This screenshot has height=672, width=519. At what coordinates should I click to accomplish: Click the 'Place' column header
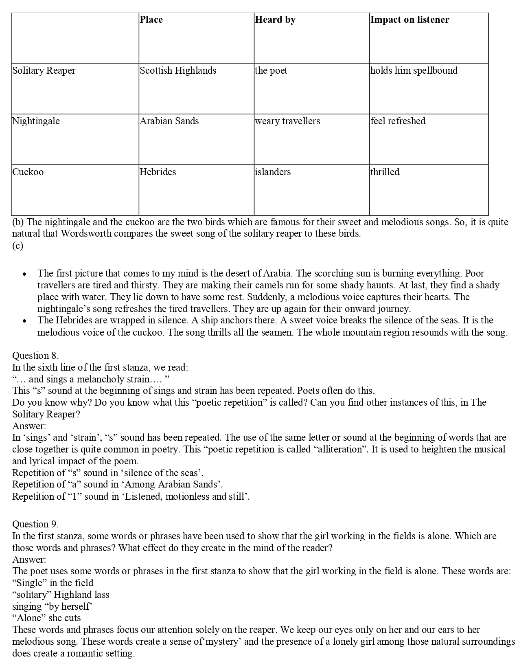click(151, 20)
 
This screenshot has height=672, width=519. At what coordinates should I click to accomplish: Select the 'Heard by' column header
click(275, 20)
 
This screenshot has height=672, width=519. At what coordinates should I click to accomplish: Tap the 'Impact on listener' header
click(410, 20)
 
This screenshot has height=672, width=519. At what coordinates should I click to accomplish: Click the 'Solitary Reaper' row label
click(44, 70)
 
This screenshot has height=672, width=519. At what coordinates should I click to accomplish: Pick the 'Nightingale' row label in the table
click(36, 121)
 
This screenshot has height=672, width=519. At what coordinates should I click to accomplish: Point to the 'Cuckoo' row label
click(28, 172)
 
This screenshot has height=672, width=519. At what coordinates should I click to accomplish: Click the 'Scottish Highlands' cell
click(178, 70)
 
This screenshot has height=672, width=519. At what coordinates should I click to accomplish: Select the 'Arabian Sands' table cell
click(169, 121)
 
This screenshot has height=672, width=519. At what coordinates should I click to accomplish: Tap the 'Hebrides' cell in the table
click(158, 172)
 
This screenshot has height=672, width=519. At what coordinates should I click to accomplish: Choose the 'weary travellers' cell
click(287, 121)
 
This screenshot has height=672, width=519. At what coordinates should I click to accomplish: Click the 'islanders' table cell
click(273, 172)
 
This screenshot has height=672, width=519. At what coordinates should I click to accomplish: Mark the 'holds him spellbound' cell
click(414, 70)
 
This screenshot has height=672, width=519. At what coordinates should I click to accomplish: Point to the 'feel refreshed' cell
click(398, 121)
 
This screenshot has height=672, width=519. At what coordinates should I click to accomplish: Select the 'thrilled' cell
click(385, 172)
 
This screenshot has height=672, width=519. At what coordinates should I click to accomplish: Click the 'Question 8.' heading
click(35, 356)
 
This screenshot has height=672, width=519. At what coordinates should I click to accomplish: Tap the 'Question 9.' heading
click(35, 524)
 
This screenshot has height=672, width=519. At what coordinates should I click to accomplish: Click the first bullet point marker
click(25, 274)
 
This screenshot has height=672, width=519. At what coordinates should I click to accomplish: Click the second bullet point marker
click(25, 321)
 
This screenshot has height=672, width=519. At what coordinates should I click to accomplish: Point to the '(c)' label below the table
click(18, 246)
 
